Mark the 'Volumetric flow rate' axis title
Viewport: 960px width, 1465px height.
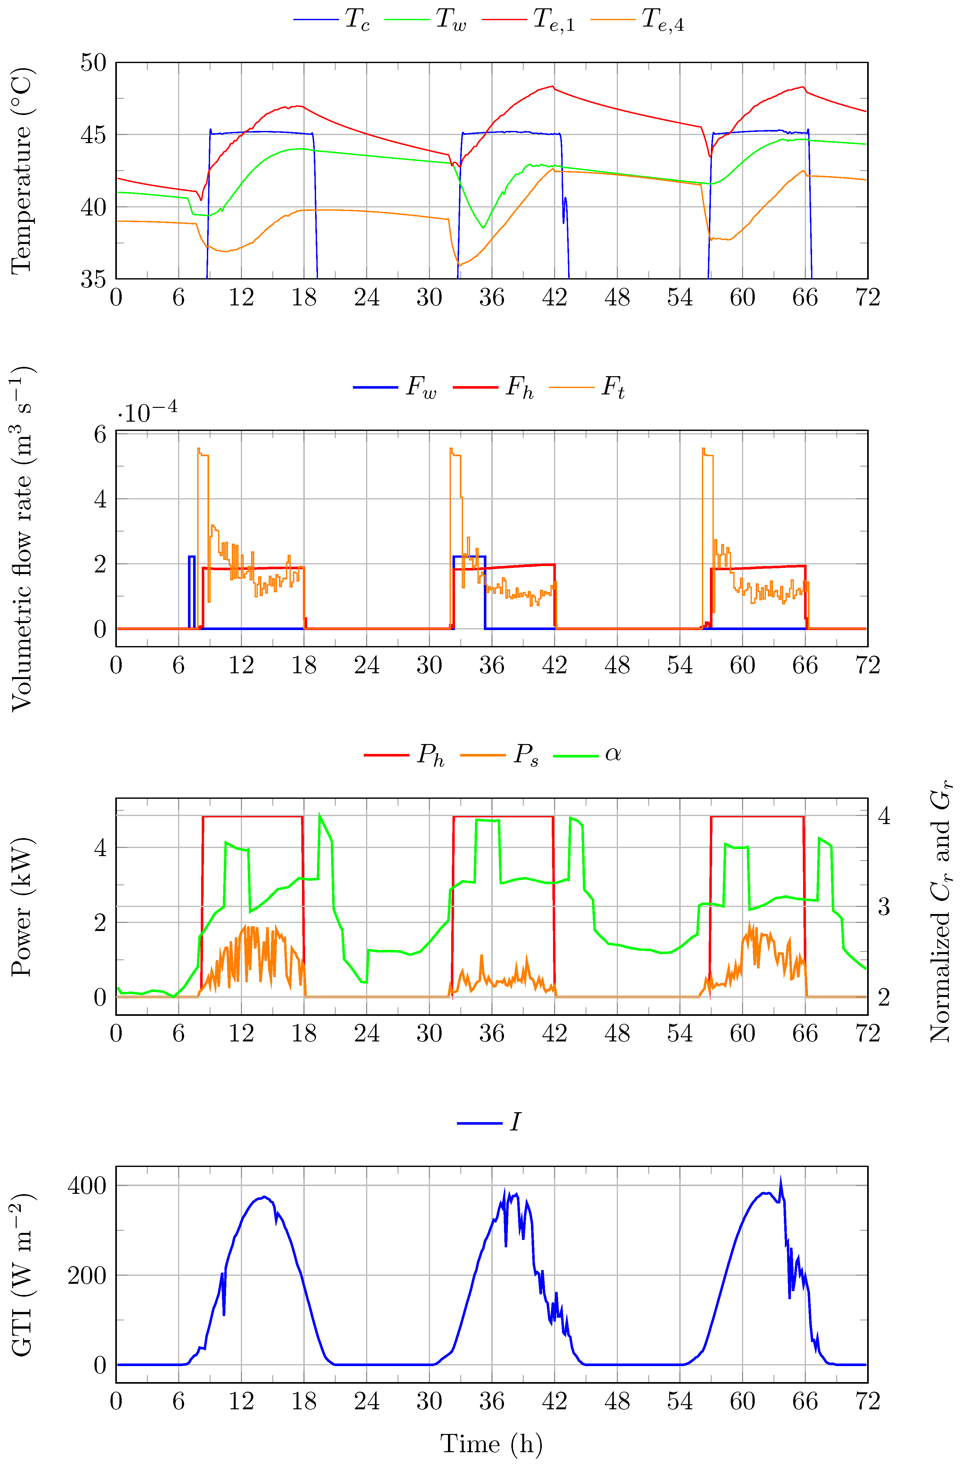coord(21,538)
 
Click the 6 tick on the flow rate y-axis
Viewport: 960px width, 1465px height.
coord(100,434)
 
